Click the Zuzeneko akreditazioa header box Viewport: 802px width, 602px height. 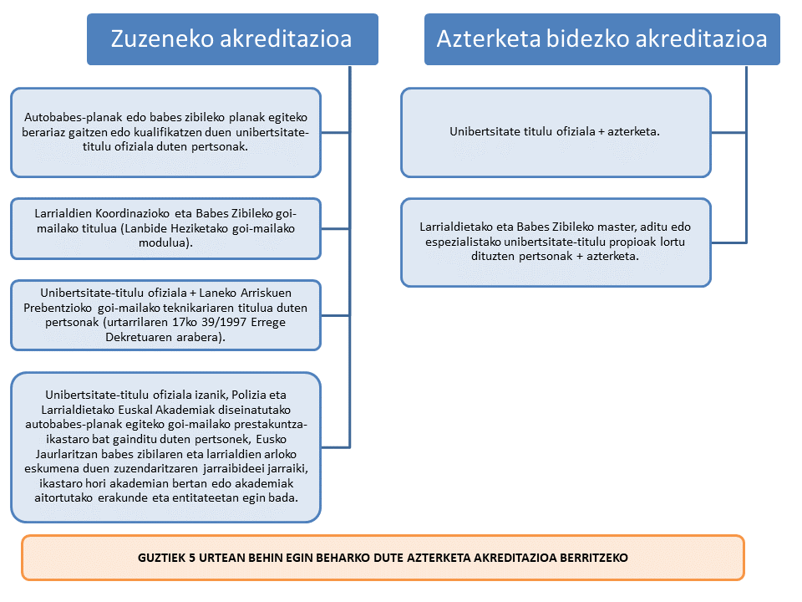(232, 39)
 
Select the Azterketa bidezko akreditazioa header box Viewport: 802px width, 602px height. (601, 39)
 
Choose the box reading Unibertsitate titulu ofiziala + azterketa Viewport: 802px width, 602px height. (556, 132)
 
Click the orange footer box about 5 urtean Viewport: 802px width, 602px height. (383, 557)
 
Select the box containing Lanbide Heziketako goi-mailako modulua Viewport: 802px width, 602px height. (165, 227)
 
